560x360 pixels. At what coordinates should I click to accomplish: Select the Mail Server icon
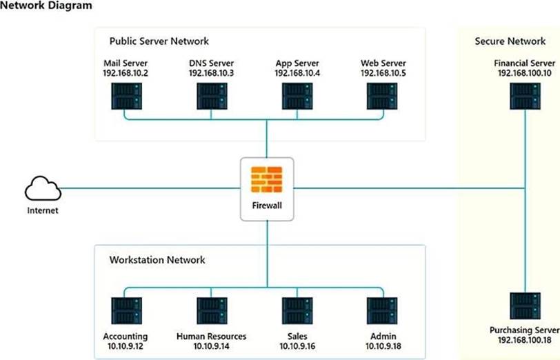point(126,96)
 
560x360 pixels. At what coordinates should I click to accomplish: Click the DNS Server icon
point(212,96)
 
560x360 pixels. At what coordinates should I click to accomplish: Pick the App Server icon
point(297,96)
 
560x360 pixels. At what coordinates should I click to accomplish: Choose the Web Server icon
point(382,96)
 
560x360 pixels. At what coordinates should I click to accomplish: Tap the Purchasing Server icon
point(525,306)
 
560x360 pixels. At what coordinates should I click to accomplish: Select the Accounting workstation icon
point(126,311)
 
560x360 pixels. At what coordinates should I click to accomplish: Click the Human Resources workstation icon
point(212,311)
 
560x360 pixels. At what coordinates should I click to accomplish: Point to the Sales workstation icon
point(297,311)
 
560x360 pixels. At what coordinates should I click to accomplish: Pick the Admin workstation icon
point(382,311)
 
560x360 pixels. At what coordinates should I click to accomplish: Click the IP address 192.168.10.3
point(212,72)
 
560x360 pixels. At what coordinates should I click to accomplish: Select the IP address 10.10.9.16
point(297,346)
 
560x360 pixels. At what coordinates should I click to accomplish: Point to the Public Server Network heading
point(159,41)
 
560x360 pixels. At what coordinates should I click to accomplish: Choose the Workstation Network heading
point(157,260)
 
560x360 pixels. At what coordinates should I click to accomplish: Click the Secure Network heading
point(510,41)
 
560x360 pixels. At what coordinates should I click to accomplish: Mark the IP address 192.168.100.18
point(525,340)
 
